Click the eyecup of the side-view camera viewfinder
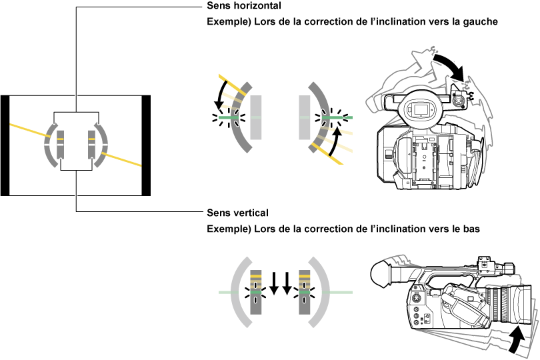(x=379, y=273)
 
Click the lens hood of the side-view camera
(x=520, y=303)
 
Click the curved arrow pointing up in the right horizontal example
(x=338, y=140)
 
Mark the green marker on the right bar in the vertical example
(x=304, y=293)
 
